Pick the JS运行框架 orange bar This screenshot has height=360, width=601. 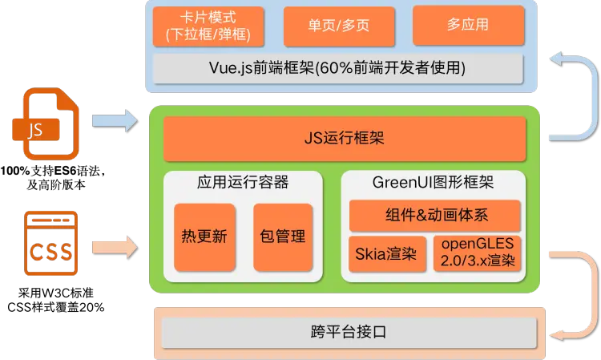point(345,139)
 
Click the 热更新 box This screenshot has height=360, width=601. point(204,236)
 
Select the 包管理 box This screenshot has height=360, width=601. point(283,236)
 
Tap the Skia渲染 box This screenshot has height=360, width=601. point(387,254)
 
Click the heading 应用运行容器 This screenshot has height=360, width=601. point(243,183)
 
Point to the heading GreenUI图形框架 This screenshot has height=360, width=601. point(433,183)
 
